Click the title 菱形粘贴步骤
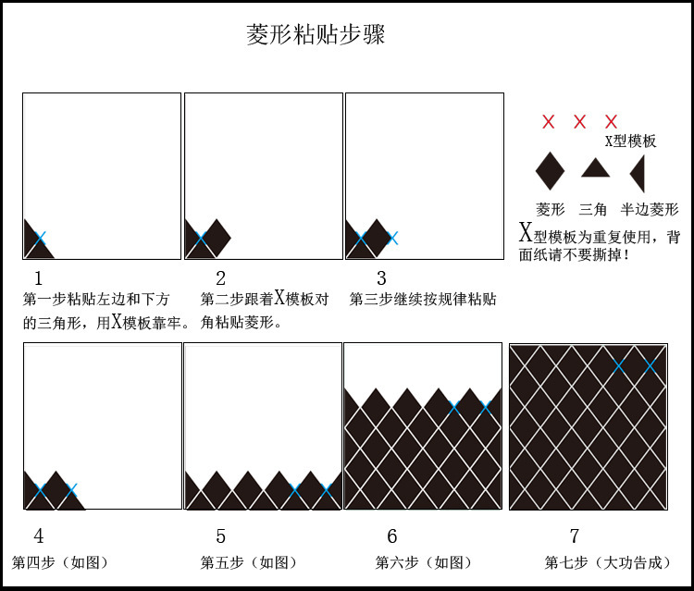[x=316, y=35]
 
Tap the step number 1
[x=38, y=277]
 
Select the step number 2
[x=220, y=277]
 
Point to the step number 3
[x=381, y=277]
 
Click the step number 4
[x=38, y=536]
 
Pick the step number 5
[x=220, y=536]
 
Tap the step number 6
[x=392, y=536]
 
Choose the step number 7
[x=574, y=536]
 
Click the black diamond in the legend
[x=550, y=171]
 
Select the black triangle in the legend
[x=594, y=168]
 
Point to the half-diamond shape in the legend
[x=638, y=173]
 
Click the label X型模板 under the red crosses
[x=630, y=142]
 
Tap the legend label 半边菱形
[x=650, y=210]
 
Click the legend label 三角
[x=594, y=210]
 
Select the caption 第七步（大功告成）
[x=607, y=562]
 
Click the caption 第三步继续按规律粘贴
[x=423, y=300]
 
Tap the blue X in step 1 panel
[x=40, y=238]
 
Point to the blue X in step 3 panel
[x=392, y=238]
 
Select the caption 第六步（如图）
[x=424, y=562]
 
